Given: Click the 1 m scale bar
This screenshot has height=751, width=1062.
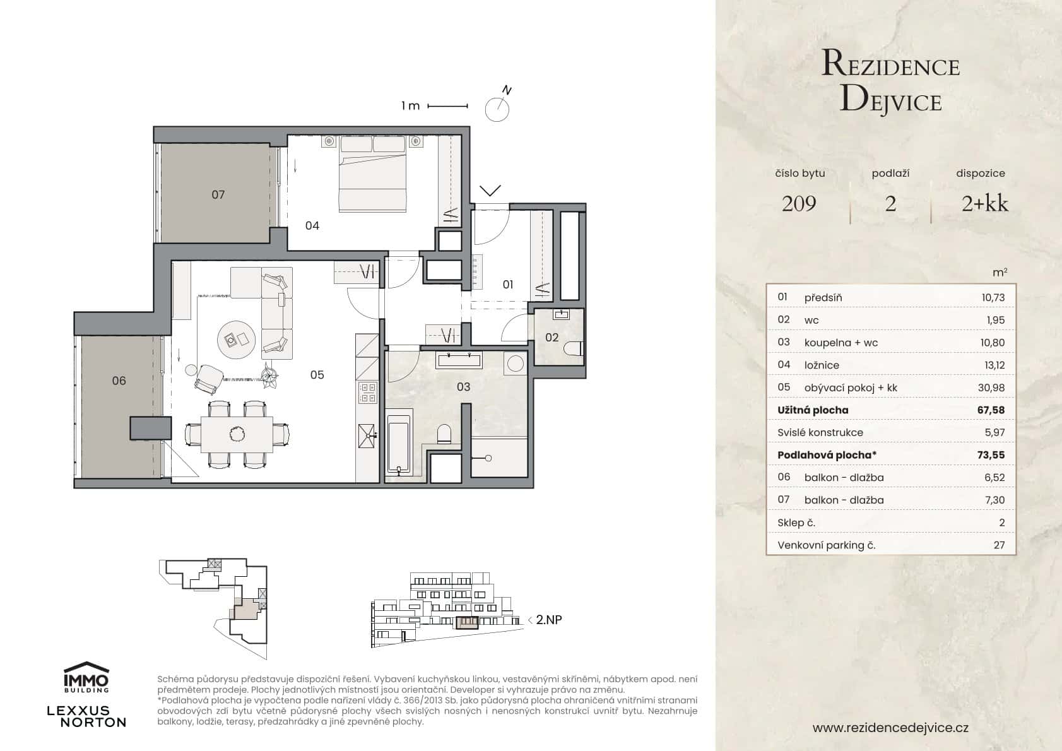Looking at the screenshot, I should tap(447, 106).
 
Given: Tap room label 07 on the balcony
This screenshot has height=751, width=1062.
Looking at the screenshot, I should tap(218, 195).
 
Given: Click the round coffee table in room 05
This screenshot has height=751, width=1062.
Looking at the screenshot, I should tap(237, 340).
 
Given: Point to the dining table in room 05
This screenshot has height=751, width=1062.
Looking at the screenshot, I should tap(237, 435).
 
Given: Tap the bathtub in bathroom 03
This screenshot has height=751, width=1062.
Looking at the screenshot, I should tap(398, 441).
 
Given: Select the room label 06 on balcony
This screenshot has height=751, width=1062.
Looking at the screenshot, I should tap(119, 381).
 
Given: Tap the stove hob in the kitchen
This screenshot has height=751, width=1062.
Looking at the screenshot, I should tap(367, 393).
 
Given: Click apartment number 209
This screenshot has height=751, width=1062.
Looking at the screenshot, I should tap(799, 203).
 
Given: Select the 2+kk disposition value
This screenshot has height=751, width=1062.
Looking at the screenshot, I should tap(984, 203).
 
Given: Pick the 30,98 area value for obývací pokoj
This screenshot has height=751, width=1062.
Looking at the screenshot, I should tap(991, 387).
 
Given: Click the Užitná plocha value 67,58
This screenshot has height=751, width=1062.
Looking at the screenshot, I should tap(990, 410).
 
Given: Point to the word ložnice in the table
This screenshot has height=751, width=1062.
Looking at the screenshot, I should tap(821, 365).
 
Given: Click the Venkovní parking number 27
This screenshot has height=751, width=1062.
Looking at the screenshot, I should tap(998, 545).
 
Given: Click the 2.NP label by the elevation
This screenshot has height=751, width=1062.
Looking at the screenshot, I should tap(548, 620).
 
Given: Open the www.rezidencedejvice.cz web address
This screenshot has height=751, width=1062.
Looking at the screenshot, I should tap(890, 728).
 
